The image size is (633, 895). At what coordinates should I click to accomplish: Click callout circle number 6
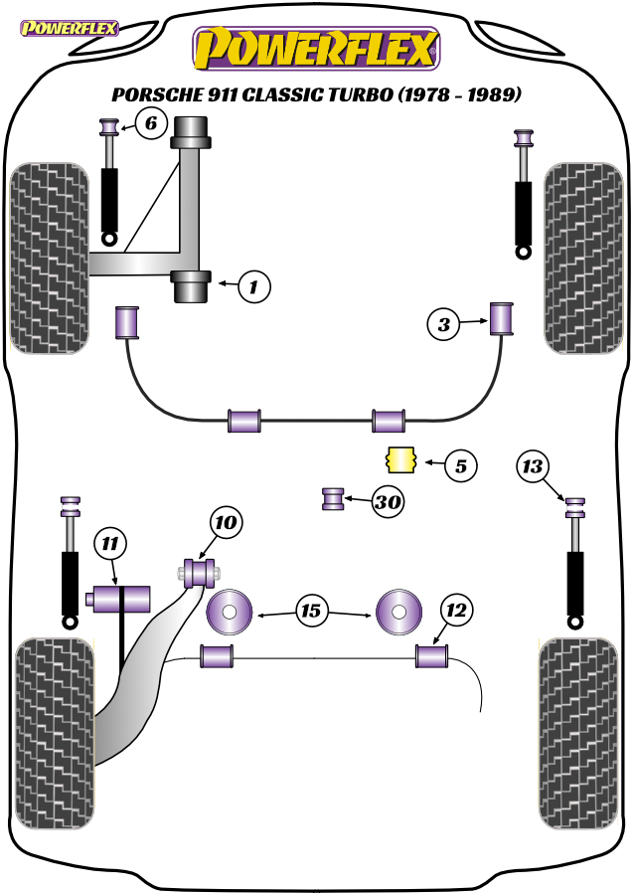151,123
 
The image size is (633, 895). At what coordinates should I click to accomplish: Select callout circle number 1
253,286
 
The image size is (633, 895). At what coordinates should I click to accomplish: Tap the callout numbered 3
443,324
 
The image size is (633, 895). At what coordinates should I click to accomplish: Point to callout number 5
461,465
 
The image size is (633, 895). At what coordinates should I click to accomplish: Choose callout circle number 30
388,502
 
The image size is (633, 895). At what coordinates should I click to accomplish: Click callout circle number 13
533,466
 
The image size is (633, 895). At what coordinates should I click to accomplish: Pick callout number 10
226,522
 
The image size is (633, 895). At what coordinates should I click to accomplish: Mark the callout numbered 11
109,543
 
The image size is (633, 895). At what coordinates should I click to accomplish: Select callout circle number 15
311,611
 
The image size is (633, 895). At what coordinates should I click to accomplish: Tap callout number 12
456,611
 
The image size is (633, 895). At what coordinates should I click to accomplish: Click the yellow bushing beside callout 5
401,460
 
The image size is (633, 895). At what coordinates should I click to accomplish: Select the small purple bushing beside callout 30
334,499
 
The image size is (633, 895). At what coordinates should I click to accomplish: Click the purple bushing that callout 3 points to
502,319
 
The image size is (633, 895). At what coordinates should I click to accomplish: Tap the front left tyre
50,258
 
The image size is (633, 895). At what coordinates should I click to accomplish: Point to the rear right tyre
578,734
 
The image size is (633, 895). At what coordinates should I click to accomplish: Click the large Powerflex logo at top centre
316,49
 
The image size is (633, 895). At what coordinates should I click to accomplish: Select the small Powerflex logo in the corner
69,28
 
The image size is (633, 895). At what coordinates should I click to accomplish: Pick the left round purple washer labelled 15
229,612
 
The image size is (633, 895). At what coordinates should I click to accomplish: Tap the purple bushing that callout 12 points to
431,656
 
